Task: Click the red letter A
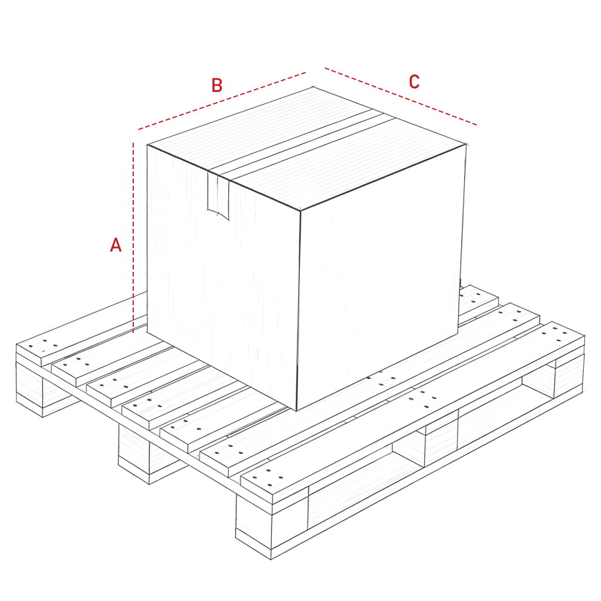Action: (116, 245)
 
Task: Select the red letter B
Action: (217, 85)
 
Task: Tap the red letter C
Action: (415, 82)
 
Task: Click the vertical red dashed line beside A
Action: (133, 238)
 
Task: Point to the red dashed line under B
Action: (222, 101)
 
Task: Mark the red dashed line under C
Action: (401, 97)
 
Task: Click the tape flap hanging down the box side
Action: (219, 195)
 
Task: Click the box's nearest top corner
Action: (300, 210)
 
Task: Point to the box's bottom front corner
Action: (297, 410)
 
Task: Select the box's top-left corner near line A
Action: (148, 145)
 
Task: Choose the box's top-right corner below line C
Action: (466, 145)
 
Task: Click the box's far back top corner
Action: (313, 87)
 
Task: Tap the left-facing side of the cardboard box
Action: (223, 276)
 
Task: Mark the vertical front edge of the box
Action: (299, 311)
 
